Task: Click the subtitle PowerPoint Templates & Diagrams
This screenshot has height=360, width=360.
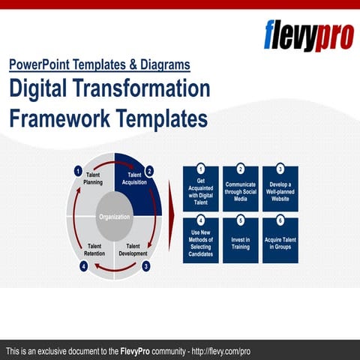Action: click(x=100, y=65)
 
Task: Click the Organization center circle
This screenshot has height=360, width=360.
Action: click(x=115, y=217)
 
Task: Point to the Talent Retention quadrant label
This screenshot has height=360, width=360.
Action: click(x=95, y=250)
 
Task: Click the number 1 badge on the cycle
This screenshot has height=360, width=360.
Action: click(x=77, y=171)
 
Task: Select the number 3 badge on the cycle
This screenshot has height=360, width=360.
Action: click(x=145, y=265)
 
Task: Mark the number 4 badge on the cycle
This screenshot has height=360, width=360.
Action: click(x=84, y=265)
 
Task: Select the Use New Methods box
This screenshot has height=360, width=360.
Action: click(x=201, y=240)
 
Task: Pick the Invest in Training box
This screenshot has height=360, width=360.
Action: click(x=241, y=240)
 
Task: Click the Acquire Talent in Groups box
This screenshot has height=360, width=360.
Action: click(x=280, y=240)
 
